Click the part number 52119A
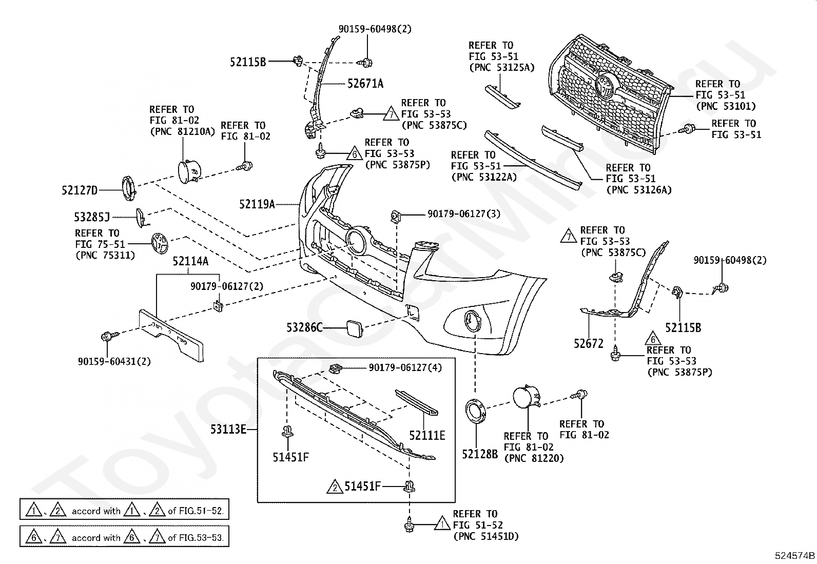[257, 204]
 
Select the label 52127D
[80, 190]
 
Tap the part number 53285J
[92, 217]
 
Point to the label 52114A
[190, 261]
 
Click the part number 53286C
[304, 327]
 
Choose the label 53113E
[228, 429]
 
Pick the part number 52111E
[427, 435]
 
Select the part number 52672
[589, 343]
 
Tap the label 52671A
[365, 84]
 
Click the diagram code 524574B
[795, 555]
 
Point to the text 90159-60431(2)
[114, 361]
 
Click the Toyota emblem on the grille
[607, 87]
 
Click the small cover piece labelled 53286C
[354, 328]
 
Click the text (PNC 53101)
[726, 106]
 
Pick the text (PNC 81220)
[534, 458]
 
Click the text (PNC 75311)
[105, 255]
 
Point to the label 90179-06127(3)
[464, 213]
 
